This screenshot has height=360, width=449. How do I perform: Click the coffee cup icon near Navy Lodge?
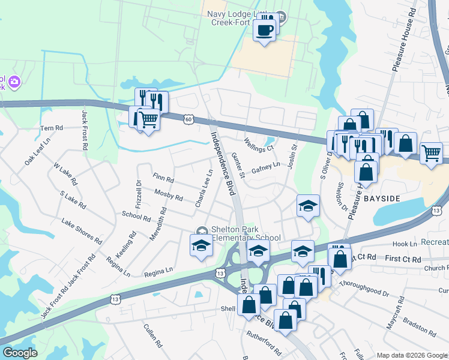[264, 29]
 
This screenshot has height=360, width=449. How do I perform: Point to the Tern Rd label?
[51, 128]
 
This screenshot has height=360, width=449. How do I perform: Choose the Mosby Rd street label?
[168, 194]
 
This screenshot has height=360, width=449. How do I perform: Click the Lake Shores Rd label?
[82, 230]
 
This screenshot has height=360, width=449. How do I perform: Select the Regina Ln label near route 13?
[158, 271]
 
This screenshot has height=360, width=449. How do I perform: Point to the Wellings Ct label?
[259, 144]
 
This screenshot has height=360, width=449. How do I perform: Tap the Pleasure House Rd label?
[403, 41]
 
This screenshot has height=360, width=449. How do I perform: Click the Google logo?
[20, 353]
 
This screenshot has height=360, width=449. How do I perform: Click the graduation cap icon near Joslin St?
[308, 206]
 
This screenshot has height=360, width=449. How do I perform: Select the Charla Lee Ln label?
[204, 188]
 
